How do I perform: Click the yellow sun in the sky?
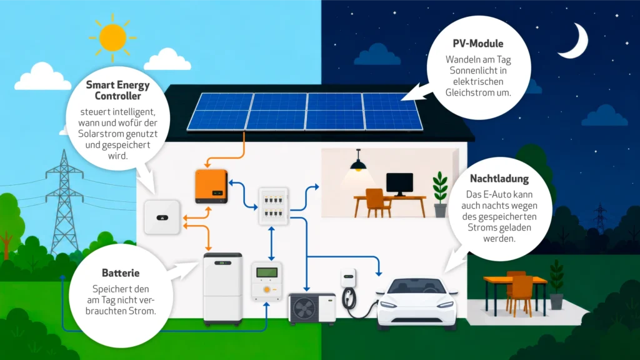pyautogui.click(x=112, y=37)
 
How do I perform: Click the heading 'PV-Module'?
pyautogui.click(x=478, y=44)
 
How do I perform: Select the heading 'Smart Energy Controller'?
pyautogui.click(x=118, y=90)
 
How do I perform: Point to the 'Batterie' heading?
pyautogui.click(x=121, y=272)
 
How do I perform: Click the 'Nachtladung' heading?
pyautogui.click(x=499, y=178)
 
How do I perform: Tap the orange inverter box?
pyautogui.click(x=211, y=186)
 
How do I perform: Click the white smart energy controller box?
pyautogui.click(x=162, y=217)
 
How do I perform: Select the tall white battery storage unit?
pyautogui.click(x=223, y=289)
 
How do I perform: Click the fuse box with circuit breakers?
pyautogui.click(x=274, y=206)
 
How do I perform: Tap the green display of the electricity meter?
pyautogui.click(x=266, y=272)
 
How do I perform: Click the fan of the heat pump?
pyautogui.click(x=304, y=309)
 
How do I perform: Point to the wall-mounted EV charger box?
pyautogui.click(x=348, y=277)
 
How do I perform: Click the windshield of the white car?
pyautogui.click(x=416, y=286)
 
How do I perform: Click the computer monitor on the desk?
pyautogui.click(x=399, y=184)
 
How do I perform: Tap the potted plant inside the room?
pyautogui.click(x=440, y=194)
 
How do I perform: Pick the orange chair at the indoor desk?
pyautogui.click(x=376, y=202)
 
